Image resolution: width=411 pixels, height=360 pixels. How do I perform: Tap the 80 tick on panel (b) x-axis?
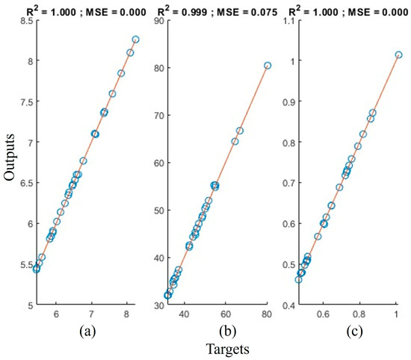(x=267, y=314)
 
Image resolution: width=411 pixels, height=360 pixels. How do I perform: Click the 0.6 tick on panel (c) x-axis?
(x=324, y=314)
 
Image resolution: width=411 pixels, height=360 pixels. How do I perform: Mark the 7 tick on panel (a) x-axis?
(x=91, y=314)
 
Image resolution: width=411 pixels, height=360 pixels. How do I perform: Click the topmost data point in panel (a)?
(x=135, y=39)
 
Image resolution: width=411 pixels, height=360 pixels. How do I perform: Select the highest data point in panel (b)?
(x=267, y=65)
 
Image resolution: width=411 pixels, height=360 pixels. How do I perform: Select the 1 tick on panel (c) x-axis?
(x=396, y=314)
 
